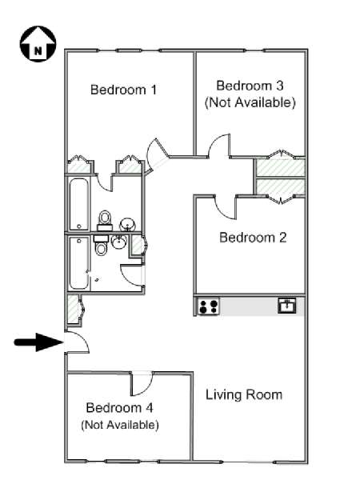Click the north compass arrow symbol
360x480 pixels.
click(x=38, y=44)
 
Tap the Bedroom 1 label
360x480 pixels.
click(x=123, y=90)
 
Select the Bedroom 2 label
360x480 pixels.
click(x=253, y=238)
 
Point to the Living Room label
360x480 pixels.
click(x=244, y=394)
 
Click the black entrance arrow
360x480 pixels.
click(x=39, y=342)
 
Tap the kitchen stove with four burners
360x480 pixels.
click(x=209, y=306)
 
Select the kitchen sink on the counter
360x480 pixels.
click(x=287, y=306)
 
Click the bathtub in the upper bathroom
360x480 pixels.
click(x=79, y=205)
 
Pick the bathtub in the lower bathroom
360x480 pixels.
click(x=79, y=263)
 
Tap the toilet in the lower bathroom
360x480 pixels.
click(x=101, y=245)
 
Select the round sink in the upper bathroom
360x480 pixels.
click(x=127, y=224)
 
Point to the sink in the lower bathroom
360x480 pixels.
click(x=119, y=242)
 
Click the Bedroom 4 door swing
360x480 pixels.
click(x=142, y=384)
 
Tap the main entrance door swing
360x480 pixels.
click(x=77, y=342)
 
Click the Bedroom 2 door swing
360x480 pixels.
click(x=226, y=208)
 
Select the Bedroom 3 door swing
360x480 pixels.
click(x=219, y=146)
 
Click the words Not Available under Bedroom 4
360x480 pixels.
click(x=120, y=425)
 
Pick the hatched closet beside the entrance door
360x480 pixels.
click(x=74, y=309)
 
